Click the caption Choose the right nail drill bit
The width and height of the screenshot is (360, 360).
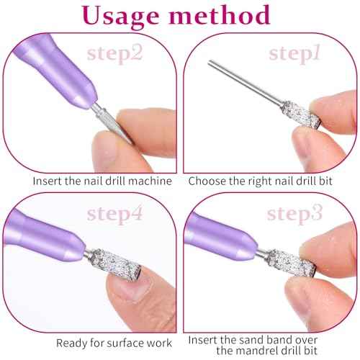(x=270, y=181)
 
